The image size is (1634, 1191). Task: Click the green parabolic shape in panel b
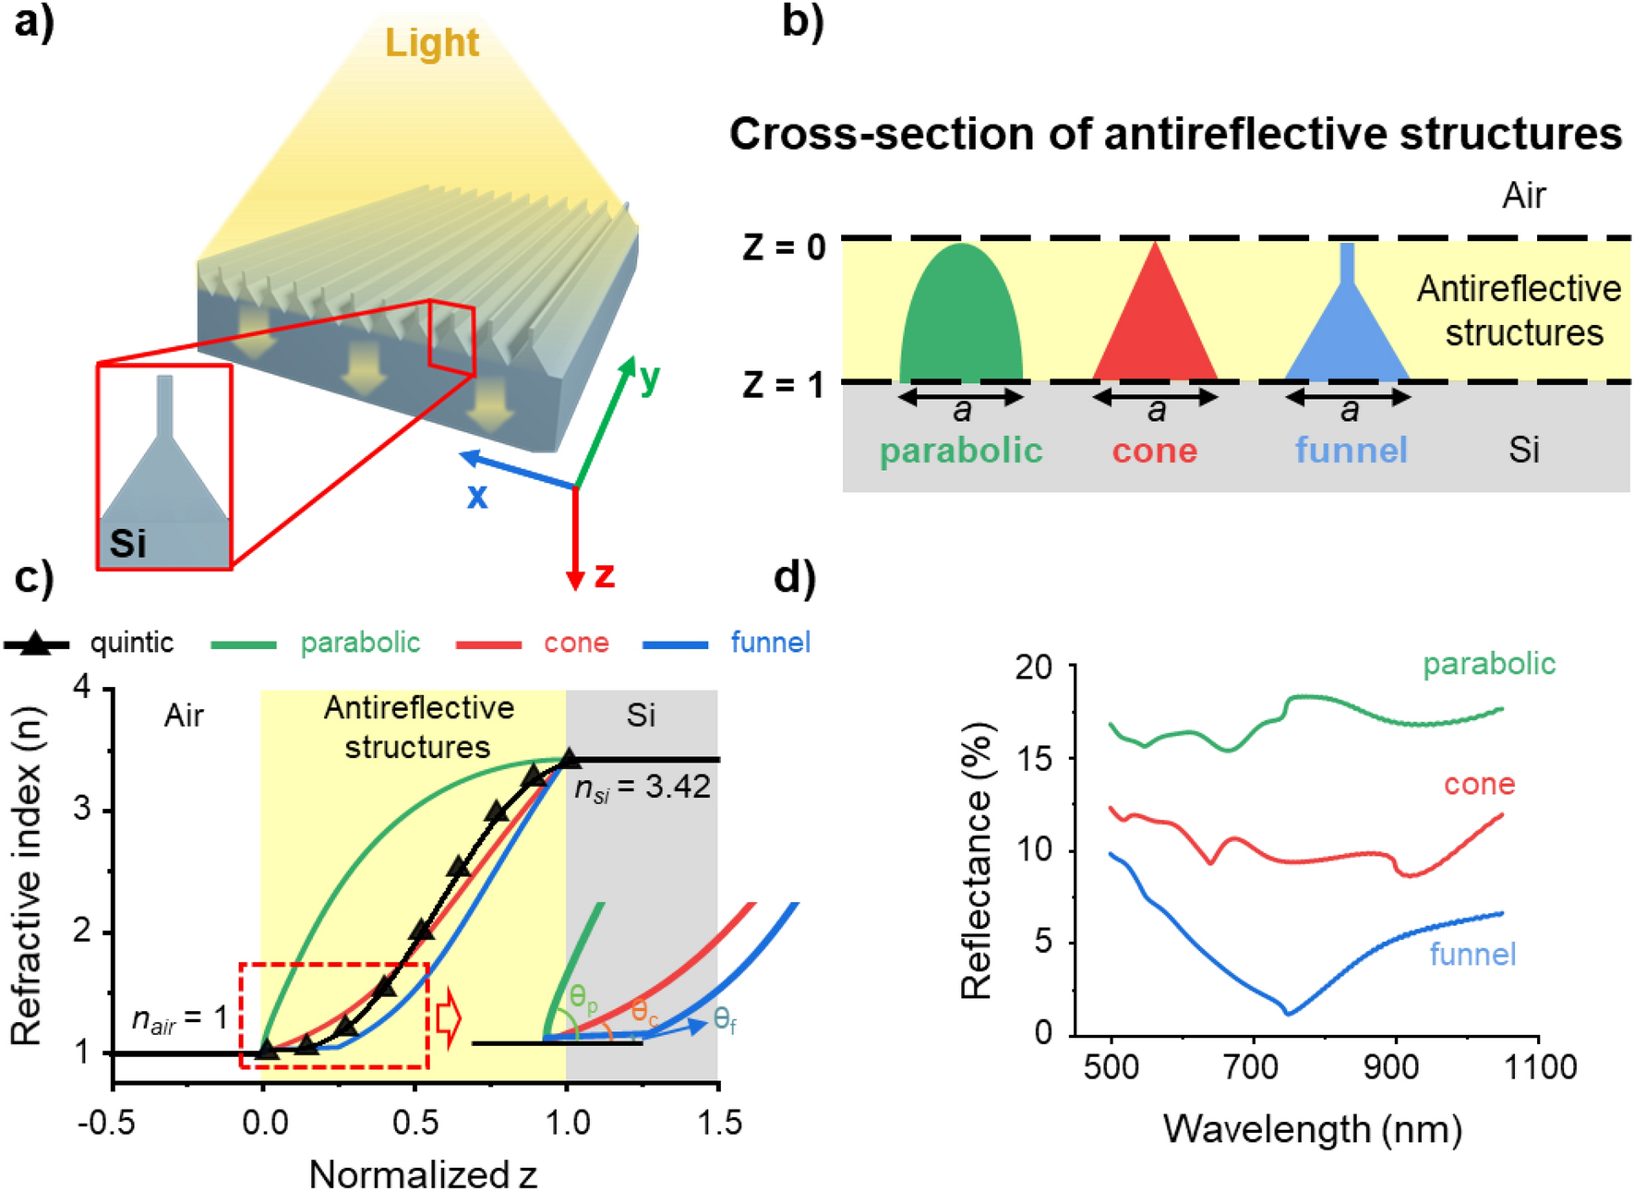961,319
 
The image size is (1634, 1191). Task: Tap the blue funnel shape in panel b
1347,342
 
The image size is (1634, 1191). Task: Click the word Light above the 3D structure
432,43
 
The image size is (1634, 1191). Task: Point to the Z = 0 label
784,248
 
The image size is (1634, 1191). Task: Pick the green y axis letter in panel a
650,378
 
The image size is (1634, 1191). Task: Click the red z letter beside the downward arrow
605,574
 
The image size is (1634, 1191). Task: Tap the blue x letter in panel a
476,497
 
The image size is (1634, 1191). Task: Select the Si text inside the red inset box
127,544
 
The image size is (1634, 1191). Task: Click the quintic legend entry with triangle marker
92,643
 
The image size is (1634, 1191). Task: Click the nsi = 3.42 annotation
643,788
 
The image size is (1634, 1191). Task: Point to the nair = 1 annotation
179,1018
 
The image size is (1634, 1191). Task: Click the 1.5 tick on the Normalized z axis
718,1123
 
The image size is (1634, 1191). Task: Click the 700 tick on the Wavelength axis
1252,1067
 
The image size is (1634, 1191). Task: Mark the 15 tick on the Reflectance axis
1034,759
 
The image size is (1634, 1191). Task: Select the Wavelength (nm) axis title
1312,1129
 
